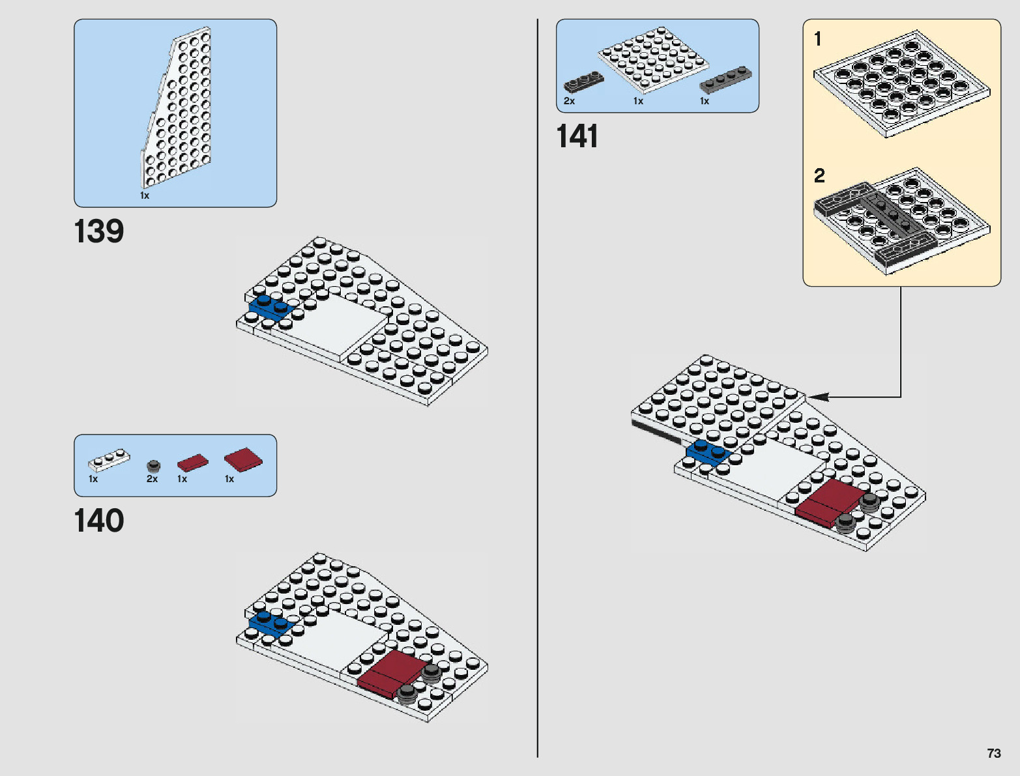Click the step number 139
click(99, 232)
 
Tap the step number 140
click(99, 521)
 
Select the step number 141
click(577, 137)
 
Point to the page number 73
click(993, 753)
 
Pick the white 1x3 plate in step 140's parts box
click(109, 460)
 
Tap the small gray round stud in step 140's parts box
click(153, 465)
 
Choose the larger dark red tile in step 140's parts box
click(243, 459)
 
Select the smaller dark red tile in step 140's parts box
click(192, 463)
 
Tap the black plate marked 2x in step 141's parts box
click(583, 81)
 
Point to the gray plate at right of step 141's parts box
click(725, 79)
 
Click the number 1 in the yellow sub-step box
click(818, 40)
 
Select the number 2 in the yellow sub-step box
click(819, 175)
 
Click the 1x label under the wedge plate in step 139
click(145, 195)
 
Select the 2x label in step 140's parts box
click(152, 479)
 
